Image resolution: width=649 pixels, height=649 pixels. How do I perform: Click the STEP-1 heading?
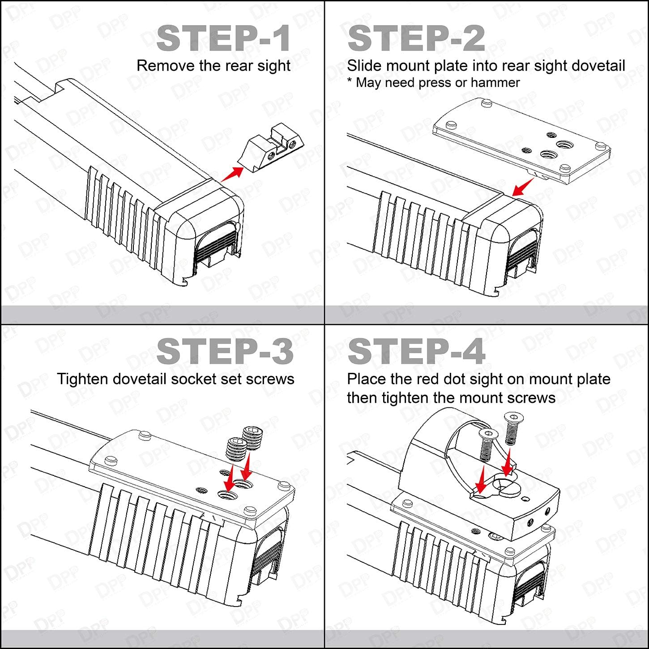click(x=223, y=38)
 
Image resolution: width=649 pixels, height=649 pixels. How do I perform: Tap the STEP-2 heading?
click(x=416, y=38)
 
